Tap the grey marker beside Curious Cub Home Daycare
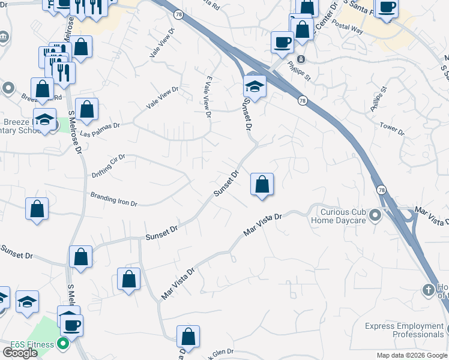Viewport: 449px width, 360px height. (x=376, y=214)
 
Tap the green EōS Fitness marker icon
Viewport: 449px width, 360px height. (x=62, y=344)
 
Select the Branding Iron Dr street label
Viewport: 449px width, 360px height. (x=114, y=199)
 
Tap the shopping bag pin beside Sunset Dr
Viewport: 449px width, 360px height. (x=262, y=184)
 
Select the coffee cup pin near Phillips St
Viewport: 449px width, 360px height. (x=282, y=41)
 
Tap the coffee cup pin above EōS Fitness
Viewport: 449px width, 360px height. (x=72, y=325)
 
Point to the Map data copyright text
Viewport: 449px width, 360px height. (x=412, y=355)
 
